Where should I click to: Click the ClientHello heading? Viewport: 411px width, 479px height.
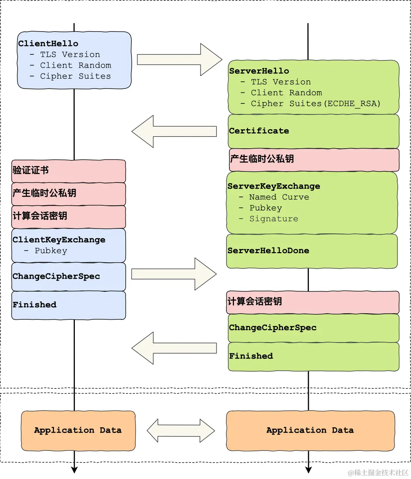point(48,44)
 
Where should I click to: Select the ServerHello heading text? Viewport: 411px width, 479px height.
point(259,71)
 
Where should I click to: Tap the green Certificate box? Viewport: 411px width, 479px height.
point(313,131)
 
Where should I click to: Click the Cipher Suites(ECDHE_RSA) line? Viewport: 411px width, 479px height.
point(315,104)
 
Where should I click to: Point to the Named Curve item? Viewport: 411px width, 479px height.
point(279,197)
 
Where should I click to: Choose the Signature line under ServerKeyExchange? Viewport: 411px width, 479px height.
point(273,219)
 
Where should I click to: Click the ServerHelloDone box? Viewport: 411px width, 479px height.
point(311,251)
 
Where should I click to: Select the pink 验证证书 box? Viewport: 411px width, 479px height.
point(68,171)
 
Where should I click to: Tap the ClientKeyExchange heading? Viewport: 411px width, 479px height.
point(59,240)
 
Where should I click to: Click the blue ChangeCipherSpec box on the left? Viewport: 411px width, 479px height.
point(68,276)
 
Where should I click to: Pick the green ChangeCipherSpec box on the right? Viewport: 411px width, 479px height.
point(313,328)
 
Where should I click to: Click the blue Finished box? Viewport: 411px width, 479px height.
point(68,305)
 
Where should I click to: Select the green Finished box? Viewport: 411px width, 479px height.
point(313,356)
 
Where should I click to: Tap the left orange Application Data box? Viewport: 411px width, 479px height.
point(78,430)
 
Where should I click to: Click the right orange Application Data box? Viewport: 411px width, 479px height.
point(310,430)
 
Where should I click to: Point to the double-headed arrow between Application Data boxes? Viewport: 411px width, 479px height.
point(181,431)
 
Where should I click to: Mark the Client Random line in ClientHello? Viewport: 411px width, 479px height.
point(76,65)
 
